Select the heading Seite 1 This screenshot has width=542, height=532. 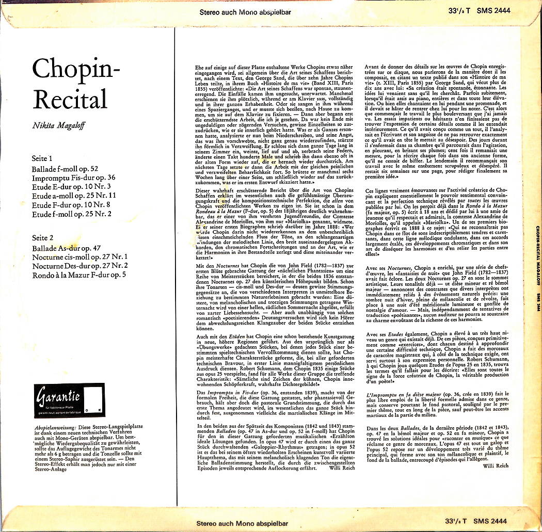[43, 158]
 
